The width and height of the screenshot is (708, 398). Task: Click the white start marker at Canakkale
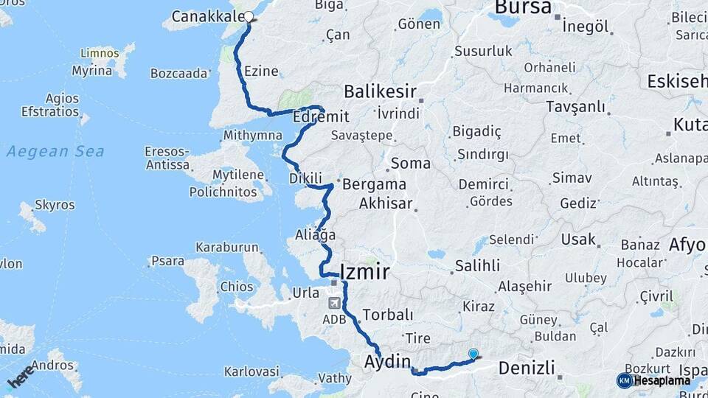[249, 16]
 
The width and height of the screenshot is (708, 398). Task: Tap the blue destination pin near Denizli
[473, 355]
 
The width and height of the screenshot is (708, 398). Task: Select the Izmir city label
[364, 271]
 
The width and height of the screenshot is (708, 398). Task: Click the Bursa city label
[523, 8]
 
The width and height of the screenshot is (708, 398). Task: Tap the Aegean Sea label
[55, 152]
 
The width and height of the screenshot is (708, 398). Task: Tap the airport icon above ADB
[334, 302]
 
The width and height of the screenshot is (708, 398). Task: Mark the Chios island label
[236, 287]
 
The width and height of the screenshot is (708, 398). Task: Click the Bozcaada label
[179, 74]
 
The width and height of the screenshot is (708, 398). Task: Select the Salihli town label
[477, 265]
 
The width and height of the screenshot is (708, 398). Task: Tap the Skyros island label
[55, 205]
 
